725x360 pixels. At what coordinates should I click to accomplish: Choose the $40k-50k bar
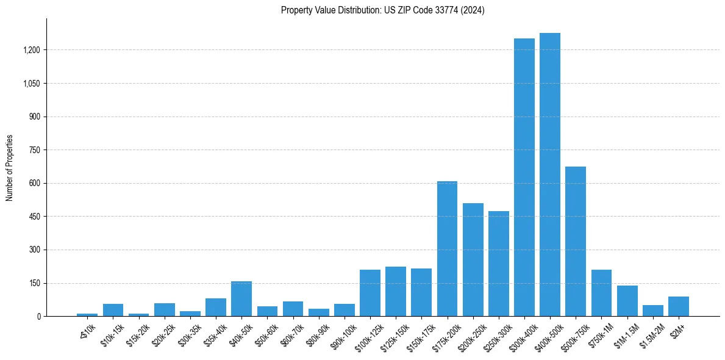(241, 298)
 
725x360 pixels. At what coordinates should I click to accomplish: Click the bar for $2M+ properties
(678, 306)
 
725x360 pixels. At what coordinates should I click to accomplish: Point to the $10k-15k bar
(113, 310)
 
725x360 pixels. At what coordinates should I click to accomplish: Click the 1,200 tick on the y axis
(31, 50)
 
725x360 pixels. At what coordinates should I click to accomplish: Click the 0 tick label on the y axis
(38, 317)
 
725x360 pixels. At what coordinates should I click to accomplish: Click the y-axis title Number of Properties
(9, 168)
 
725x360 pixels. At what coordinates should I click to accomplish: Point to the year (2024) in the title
(473, 10)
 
